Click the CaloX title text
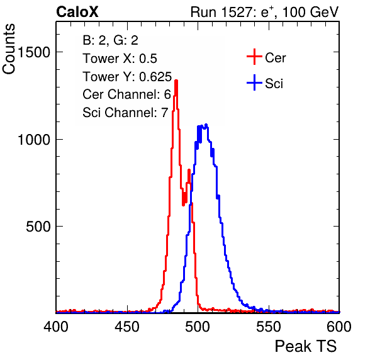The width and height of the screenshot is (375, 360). tap(77, 12)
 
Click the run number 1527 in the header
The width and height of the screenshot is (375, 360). tap(236, 12)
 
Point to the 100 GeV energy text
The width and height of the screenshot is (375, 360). tap(310, 12)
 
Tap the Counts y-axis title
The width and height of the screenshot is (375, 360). tap(9, 49)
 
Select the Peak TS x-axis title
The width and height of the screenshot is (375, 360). tap(306, 346)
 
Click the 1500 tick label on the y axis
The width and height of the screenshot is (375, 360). tap(34, 52)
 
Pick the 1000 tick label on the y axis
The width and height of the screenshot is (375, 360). tap(34, 139)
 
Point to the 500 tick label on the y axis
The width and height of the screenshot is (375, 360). tap(38, 227)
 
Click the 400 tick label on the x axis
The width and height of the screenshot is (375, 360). tap(56, 326)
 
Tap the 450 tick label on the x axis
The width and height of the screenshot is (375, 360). tap(126, 326)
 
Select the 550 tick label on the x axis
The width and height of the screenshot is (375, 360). tap(268, 326)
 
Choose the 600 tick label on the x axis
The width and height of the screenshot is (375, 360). tap(339, 326)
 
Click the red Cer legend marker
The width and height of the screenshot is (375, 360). tap(254, 57)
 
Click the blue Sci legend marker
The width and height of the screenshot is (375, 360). tap(254, 83)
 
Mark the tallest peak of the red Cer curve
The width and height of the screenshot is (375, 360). tap(176, 81)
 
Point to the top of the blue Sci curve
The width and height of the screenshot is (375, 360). tap(206, 125)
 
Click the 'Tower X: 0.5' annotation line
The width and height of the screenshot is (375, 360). tap(120, 59)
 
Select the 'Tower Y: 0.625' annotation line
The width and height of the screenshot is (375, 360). tap(127, 77)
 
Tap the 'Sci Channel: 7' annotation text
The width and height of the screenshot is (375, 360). tap(125, 113)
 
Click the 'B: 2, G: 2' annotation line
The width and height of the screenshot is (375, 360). tap(111, 40)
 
